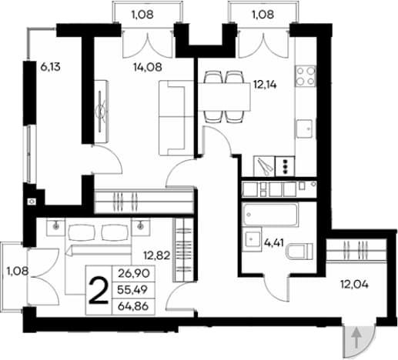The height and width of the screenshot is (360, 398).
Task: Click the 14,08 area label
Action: (148, 67)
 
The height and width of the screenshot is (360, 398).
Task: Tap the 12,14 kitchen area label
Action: (265, 85)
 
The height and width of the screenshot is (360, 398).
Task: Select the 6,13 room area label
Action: (50, 67)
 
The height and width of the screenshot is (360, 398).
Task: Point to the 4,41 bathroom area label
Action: (274, 242)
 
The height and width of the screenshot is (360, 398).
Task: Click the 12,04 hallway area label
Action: (354, 284)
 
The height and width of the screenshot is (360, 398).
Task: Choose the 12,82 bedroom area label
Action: (157, 255)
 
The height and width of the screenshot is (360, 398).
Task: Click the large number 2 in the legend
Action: (99, 291)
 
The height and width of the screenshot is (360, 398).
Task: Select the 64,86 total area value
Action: (133, 306)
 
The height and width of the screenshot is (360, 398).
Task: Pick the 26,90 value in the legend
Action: (133, 274)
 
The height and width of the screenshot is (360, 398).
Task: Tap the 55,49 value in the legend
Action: (132, 290)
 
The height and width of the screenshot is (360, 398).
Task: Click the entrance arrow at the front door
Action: (356, 338)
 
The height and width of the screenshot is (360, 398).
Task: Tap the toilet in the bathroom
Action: (299, 251)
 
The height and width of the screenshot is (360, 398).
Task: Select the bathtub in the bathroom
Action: (270, 215)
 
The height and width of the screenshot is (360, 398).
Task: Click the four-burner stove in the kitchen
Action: (306, 75)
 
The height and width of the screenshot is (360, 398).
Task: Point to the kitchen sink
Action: (305, 128)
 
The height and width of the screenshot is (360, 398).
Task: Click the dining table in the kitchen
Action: (224, 97)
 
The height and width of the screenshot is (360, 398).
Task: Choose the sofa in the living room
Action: (176, 118)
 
